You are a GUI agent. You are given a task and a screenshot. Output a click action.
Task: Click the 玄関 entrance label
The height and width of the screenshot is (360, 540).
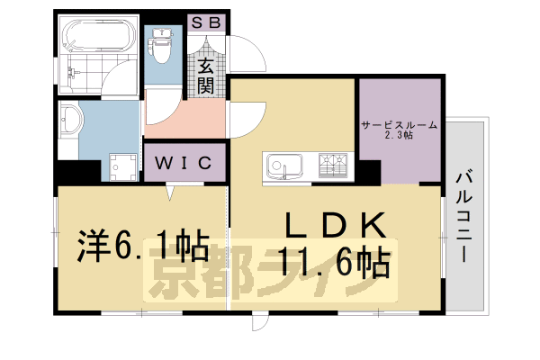coord(207,75)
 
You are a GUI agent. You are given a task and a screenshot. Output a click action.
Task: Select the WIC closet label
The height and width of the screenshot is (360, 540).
coord(184,163)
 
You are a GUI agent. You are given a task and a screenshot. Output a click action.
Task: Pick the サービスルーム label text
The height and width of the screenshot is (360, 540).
coord(399,125)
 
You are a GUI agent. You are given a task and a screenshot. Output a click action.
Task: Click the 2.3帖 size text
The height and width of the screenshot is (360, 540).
coord(399,137)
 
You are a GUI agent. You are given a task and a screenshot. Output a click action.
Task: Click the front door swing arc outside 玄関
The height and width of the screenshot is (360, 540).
coord(245,49)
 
